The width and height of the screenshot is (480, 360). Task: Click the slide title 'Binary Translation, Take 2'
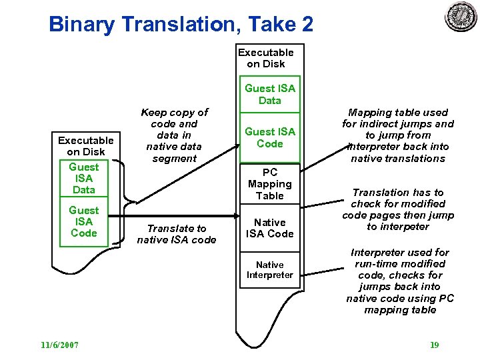pyautogui.click(x=181, y=25)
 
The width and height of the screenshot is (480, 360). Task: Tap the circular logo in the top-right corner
pyautogui.click(x=461, y=16)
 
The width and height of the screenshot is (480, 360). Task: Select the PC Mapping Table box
pyautogui.click(x=270, y=184)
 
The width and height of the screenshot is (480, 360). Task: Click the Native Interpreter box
pyautogui.click(x=270, y=269)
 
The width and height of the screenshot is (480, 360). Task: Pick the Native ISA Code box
pyautogui.click(x=270, y=228)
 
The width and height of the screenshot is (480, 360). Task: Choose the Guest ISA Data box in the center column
pyautogui.click(x=270, y=94)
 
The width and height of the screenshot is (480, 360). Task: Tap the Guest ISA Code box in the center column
pyautogui.click(x=270, y=137)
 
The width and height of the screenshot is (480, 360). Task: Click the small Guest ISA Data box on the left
pyautogui.click(x=84, y=178)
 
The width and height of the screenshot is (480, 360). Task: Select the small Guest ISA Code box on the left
pyautogui.click(x=84, y=222)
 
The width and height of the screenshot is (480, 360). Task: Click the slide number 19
pyautogui.click(x=434, y=345)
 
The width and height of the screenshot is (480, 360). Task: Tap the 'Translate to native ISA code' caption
pyautogui.click(x=177, y=234)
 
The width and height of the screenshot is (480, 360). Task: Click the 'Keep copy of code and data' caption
pyautogui.click(x=174, y=135)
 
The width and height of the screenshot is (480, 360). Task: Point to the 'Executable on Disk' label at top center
pyautogui.click(x=266, y=58)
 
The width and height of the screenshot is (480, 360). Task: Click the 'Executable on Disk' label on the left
pyautogui.click(x=85, y=146)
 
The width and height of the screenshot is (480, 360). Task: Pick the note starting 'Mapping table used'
pyautogui.click(x=398, y=135)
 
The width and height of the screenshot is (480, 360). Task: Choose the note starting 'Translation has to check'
pyautogui.click(x=398, y=209)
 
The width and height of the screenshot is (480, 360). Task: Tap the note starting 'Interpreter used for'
pyautogui.click(x=400, y=281)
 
